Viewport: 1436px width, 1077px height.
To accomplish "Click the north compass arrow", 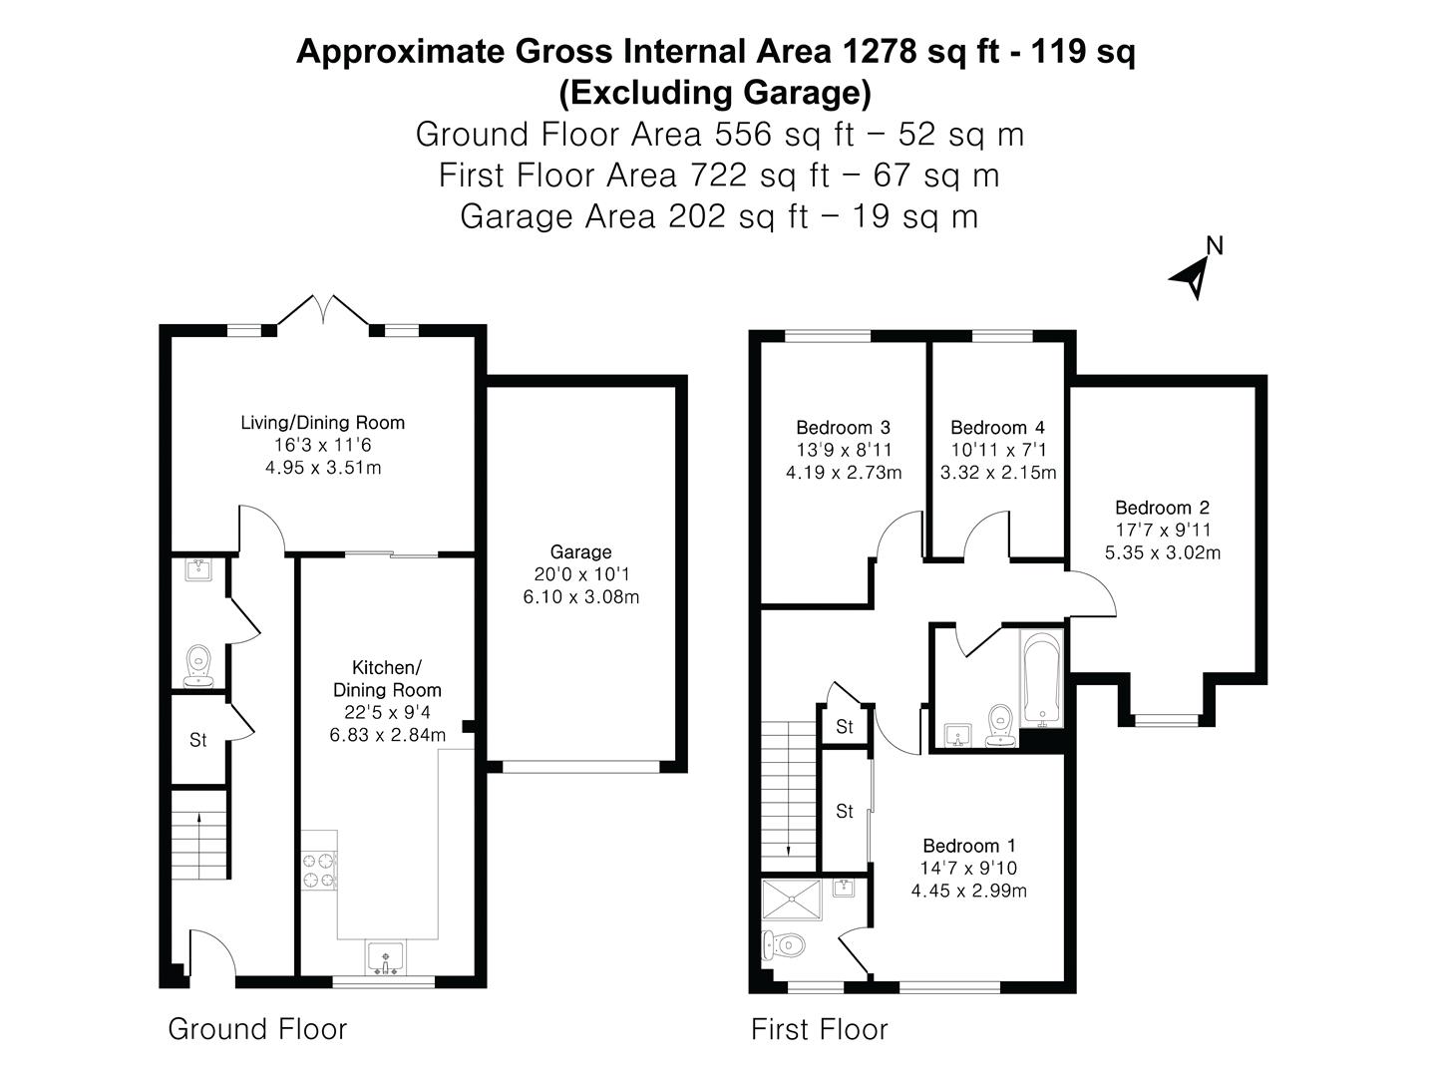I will (1193, 276).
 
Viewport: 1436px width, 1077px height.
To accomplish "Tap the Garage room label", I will (580, 551).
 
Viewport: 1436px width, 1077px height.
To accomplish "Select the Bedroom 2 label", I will (1162, 508).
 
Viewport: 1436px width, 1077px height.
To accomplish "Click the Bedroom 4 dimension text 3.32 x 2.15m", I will (997, 473).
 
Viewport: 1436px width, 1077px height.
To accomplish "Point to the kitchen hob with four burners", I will (320, 869).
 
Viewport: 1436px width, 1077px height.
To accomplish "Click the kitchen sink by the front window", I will (385, 958).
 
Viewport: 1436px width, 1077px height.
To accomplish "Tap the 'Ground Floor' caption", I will (257, 1029).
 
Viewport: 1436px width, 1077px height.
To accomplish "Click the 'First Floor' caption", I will (819, 1029).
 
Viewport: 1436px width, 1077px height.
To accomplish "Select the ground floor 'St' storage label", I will (197, 740).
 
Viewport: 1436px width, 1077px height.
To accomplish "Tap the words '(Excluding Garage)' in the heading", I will (715, 93).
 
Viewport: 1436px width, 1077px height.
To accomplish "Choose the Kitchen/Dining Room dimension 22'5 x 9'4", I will (387, 712).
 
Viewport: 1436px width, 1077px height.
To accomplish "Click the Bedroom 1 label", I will (968, 846).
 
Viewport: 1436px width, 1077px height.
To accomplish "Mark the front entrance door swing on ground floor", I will (211, 952).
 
